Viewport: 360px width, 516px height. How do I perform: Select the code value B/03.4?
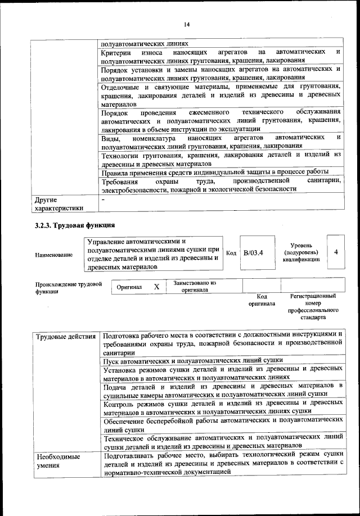coord(254,253)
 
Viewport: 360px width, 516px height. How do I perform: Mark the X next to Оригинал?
coord(157,287)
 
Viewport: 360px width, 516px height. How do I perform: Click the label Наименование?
coord(53,255)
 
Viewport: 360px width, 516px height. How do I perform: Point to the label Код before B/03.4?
coord(231,253)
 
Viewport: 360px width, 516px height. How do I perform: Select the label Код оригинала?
coord(262,300)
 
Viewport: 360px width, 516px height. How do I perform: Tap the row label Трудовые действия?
coord(65,337)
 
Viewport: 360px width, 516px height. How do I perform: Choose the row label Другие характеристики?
coord(58,203)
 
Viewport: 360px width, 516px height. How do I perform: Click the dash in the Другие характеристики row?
coord(103,200)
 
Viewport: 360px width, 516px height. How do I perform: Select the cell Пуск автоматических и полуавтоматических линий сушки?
coord(192,360)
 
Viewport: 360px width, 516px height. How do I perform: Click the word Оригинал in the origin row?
coord(129,287)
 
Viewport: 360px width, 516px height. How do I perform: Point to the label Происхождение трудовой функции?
coord(68,288)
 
